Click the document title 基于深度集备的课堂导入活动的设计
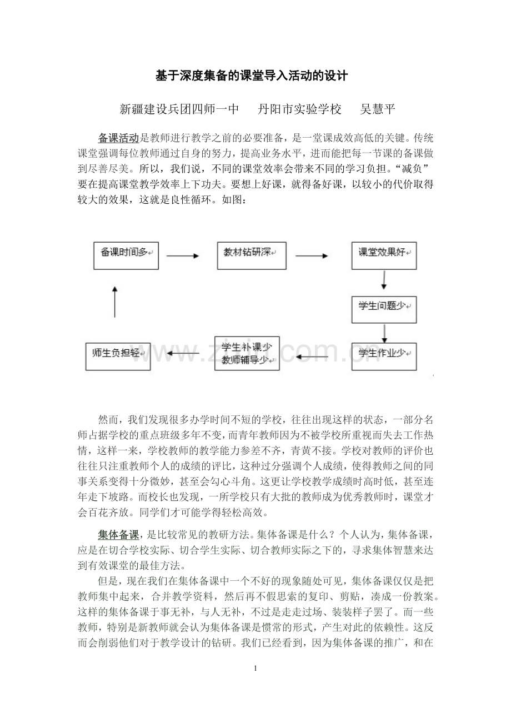[x=252, y=76]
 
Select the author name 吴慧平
[x=378, y=109]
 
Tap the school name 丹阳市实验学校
[x=300, y=109]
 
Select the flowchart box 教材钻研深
[x=251, y=255]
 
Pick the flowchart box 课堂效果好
[x=384, y=255]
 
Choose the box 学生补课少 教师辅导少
[x=247, y=354]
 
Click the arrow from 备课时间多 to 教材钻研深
[x=183, y=256]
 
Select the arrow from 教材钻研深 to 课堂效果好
[x=311, y=256]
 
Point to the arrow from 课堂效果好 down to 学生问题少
[x=384, y=280]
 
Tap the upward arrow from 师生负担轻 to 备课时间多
[x=114, y=302]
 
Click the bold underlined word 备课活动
[x=118, y=138]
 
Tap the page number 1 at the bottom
[x=255, y=667]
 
